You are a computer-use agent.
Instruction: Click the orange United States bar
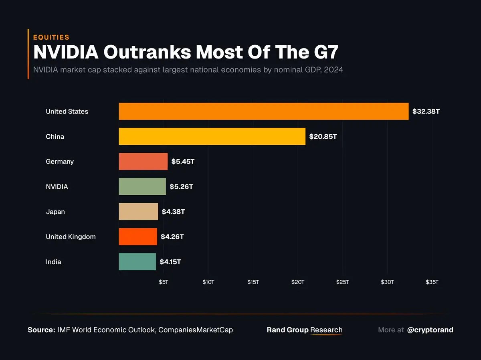pos(263,111)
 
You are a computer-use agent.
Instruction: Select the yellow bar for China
pos(212,136)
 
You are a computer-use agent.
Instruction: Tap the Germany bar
pos(143,162)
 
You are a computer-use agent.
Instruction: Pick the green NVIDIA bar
pos(142,186)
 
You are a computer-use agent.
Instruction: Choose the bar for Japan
pos(138,212)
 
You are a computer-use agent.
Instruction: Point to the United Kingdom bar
pos(137,237)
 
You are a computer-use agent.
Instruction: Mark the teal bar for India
pos(137,262)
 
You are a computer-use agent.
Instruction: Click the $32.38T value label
pos(426,111)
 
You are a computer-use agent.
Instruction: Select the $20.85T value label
pos(323,137)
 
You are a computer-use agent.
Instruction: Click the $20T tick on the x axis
pos(298,282)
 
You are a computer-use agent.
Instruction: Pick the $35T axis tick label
pos(432,282)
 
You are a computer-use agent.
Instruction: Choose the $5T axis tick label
pos(164,282)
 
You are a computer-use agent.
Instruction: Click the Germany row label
pos(60,162)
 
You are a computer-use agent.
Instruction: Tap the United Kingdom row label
pos(71,237)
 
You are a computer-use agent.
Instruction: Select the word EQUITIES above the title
pos(51,37)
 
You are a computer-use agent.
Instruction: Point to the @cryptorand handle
pos(430,330)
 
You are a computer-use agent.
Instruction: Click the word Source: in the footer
pos(41,330)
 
